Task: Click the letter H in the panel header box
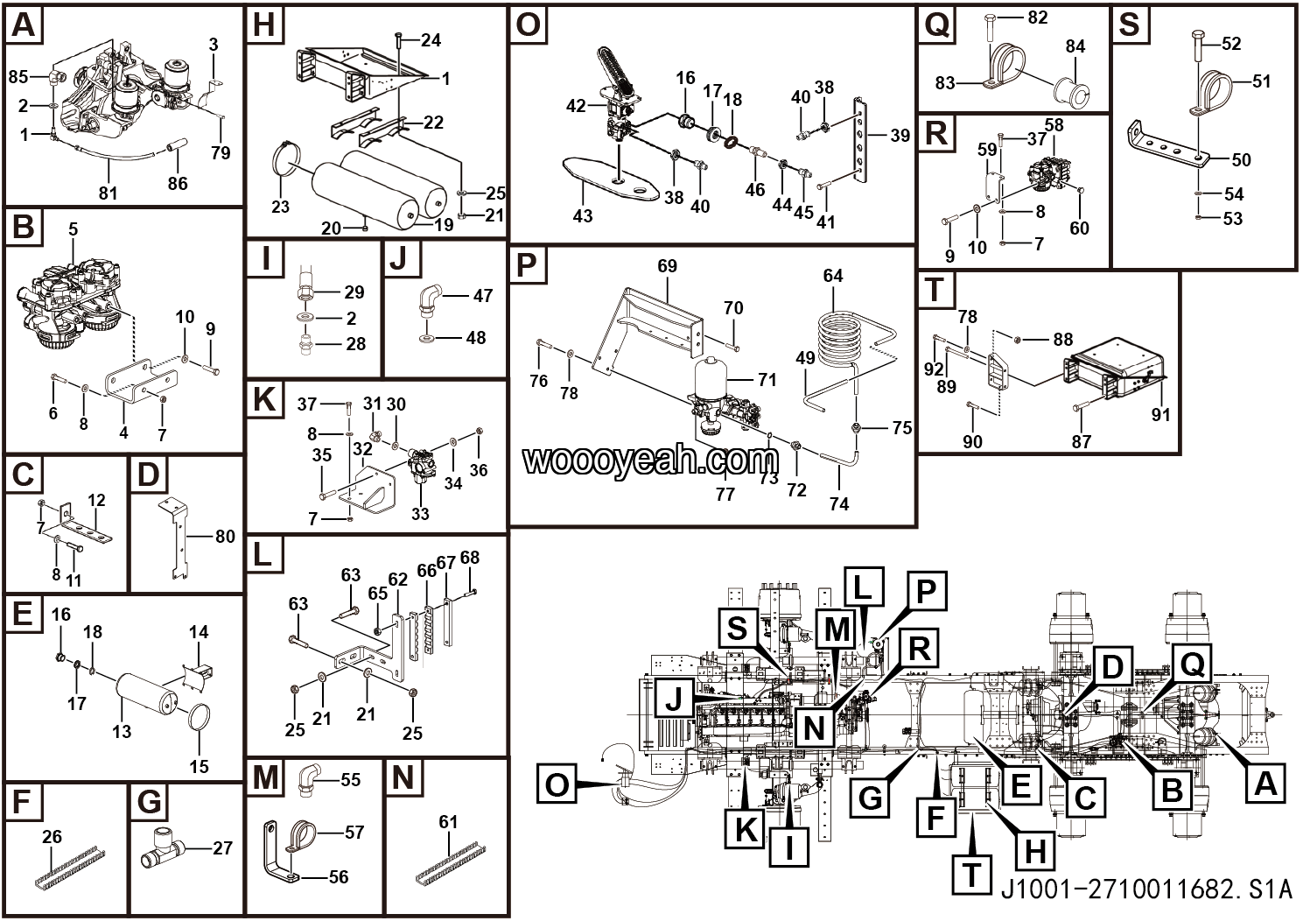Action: coord(263,25)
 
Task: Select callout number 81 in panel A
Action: coord(108,192)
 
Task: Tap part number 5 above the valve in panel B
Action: coord(73,230)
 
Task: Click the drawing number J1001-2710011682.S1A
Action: coord(1145,890)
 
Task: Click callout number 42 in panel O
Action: coord(576,106)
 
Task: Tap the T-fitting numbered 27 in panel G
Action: coord(162,848)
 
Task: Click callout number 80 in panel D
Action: coord(225,536)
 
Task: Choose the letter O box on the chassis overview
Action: coord(557,784)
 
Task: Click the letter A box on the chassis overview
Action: coord(1265,782)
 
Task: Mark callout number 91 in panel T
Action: coord(1160,413)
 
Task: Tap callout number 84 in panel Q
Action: coord(1075,46)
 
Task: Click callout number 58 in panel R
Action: coord(1054,125)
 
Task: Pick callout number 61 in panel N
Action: coord(448,821)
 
